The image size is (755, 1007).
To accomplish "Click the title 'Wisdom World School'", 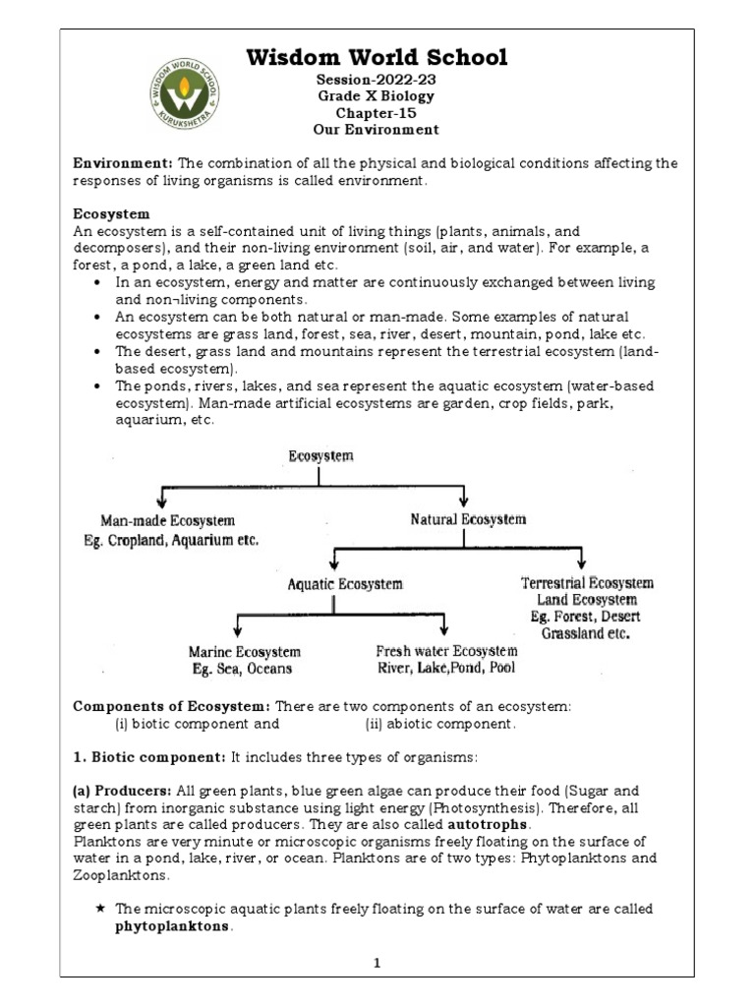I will pos(377,58).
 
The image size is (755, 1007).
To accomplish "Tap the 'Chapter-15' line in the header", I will pos(377,113).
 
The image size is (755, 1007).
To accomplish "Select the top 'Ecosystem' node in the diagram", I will pos(320,456).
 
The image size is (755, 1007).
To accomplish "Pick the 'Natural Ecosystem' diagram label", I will pos(468,519).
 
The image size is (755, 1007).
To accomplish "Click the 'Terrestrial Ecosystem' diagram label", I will pos(587,583).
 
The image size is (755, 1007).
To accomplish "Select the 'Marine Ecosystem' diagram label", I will pos(244,652).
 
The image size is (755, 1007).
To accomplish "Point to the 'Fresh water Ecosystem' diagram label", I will pos(446,651).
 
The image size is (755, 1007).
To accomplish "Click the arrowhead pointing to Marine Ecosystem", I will pos(237,630).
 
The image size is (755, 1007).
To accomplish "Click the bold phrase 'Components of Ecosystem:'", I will pos(172,707).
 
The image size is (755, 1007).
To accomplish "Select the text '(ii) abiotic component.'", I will pos(439,724).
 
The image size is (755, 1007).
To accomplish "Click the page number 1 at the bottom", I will pos(377,963).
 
